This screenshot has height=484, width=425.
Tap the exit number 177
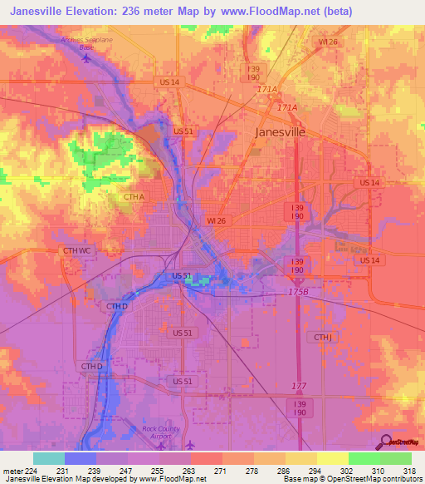(x=299, y=385)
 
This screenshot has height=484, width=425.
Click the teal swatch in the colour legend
(x=48, y=458)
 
